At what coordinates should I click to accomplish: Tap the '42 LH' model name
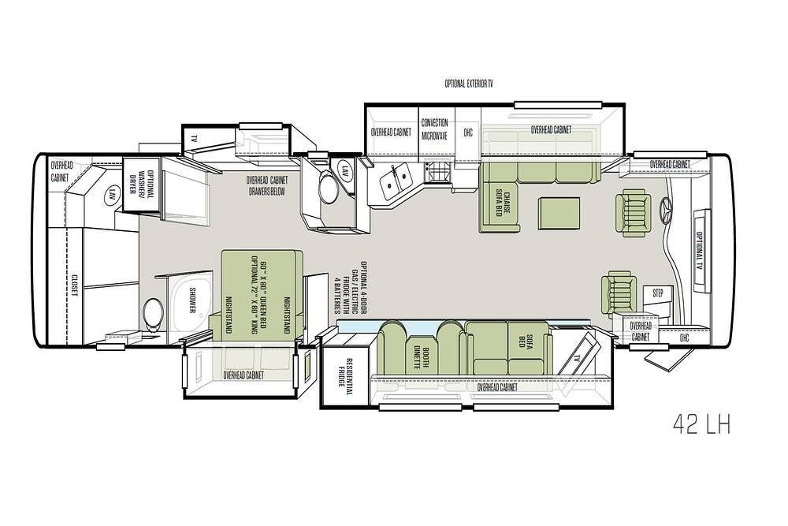click(701, 424)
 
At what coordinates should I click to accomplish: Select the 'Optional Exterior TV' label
click(468, 84)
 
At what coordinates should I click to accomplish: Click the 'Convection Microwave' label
click(434, 129)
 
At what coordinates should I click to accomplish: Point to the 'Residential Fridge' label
click(346, 372)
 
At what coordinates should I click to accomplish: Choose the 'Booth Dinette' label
click(420, 357)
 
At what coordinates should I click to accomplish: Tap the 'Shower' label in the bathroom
click(192, 300)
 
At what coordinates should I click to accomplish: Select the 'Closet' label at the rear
click(74, 285)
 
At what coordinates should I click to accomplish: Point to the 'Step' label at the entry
click(658, 293)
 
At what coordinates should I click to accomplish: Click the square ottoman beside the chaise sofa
click(559, 213)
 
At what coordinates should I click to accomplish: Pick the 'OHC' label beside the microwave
click(468, 132)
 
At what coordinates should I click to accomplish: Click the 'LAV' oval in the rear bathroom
click(111, 194)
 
